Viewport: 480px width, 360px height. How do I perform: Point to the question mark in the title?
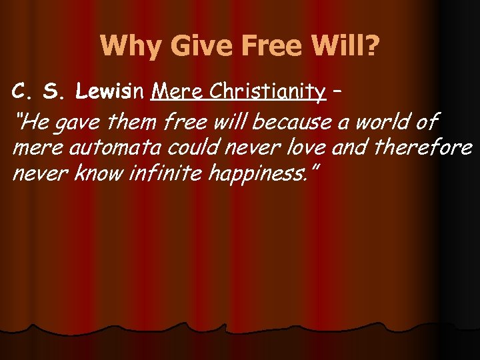click(x=371, y=47)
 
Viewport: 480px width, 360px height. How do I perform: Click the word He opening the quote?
click(x=32, y=122)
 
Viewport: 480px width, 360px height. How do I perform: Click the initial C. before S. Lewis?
click(x=21, y=91)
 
